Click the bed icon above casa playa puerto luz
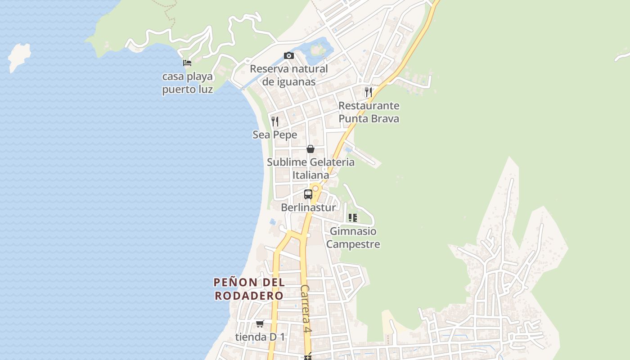point(187,63)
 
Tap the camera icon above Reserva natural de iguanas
point(289,56)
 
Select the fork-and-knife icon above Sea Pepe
point(275,121)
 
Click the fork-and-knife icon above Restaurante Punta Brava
point(369,92)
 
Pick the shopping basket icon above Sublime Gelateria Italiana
point(310,149)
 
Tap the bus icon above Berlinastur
point(308,194)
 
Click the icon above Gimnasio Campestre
point(352,218)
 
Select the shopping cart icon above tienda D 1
point(260,324)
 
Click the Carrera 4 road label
point(306,309)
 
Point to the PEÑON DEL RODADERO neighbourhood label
point(249,289)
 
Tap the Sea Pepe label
point(275,135)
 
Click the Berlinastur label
point(308,207)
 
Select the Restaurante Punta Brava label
point(369,112)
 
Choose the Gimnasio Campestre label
point(353,238)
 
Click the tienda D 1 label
point(260,337)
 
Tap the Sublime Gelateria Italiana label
point(310,168)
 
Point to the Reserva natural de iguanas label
point(289,75)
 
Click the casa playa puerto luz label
point(187,83)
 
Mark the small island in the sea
point(19,56)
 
